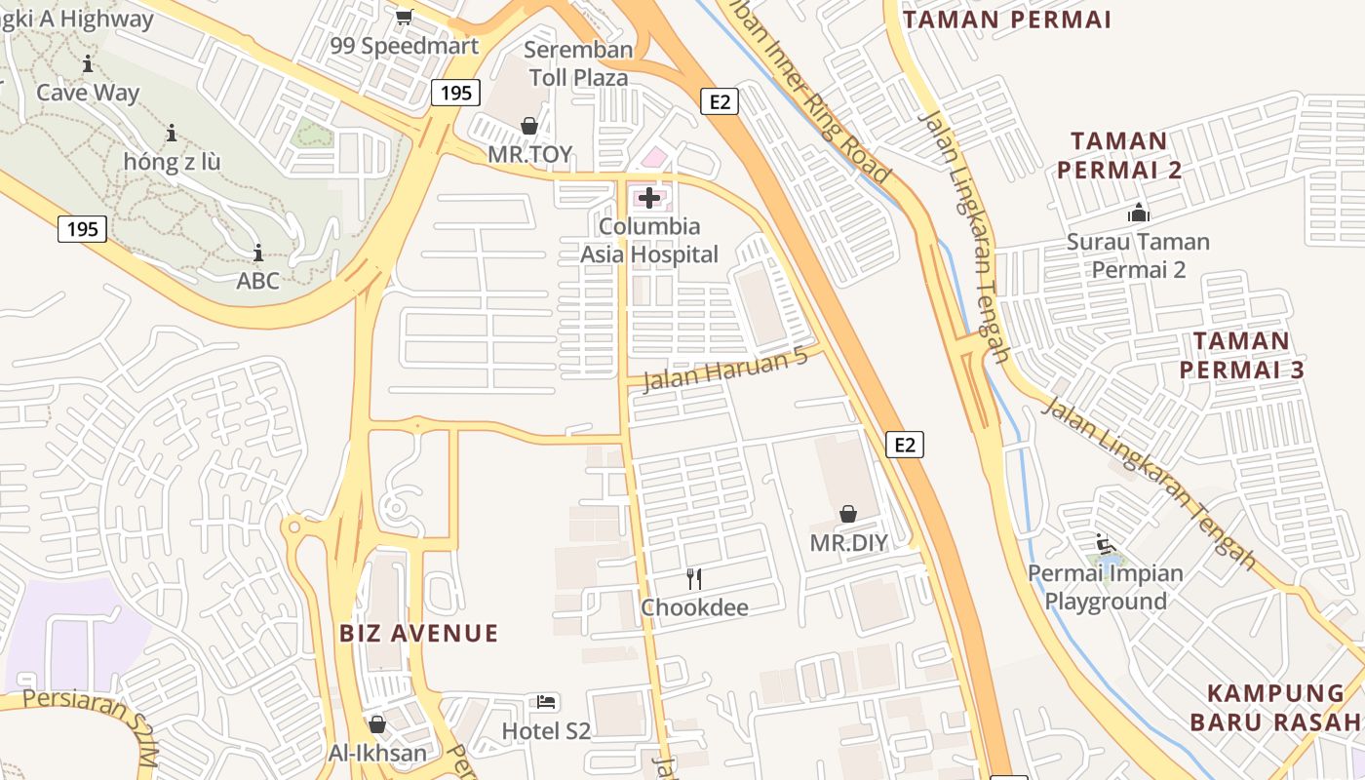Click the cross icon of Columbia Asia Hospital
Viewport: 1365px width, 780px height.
pos(649,199)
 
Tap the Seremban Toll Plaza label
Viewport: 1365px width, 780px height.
pos(578,63)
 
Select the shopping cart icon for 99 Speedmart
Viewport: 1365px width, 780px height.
pos(404,17)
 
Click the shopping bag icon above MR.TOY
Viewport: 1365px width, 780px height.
pos(529,126)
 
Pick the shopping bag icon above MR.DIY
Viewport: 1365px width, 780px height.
pos(848,514)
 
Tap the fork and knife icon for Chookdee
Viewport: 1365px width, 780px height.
pos(694,579)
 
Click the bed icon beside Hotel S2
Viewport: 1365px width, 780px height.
pos(546,701)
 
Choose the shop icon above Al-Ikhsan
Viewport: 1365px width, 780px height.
pos(377,724)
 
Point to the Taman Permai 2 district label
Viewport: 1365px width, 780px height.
pos(1119,156)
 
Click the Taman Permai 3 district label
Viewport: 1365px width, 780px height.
pos(1241,356)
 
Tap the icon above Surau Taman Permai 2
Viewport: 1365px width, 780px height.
pos(1138,212)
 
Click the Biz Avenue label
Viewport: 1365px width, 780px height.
pos(418,634)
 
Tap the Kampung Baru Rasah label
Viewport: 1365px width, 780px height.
pos(1275,708)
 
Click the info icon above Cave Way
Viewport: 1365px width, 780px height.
pos(88,64)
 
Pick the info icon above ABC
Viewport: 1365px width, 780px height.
pos(258,253)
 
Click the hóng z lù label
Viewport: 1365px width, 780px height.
pos(173,162)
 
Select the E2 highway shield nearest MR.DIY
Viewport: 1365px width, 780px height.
pos(905,445)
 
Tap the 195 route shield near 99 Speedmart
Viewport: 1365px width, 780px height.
pos(455,93)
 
